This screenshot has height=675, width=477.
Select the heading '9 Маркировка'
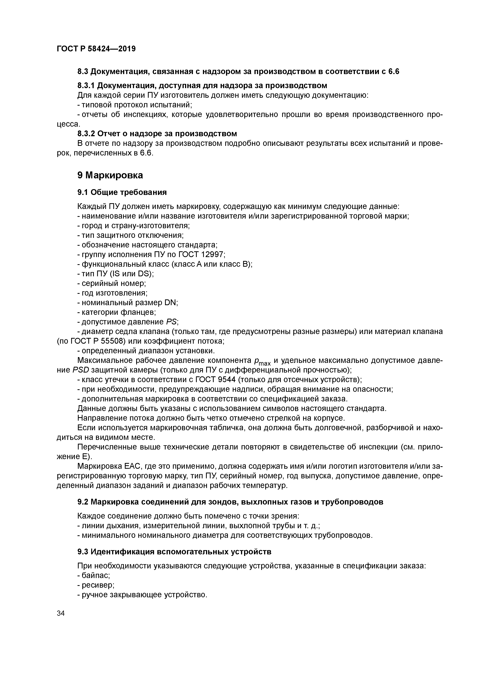click(110, 175)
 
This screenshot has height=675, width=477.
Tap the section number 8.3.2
click(86, 134)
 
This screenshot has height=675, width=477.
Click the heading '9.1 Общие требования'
click(122, 192)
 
